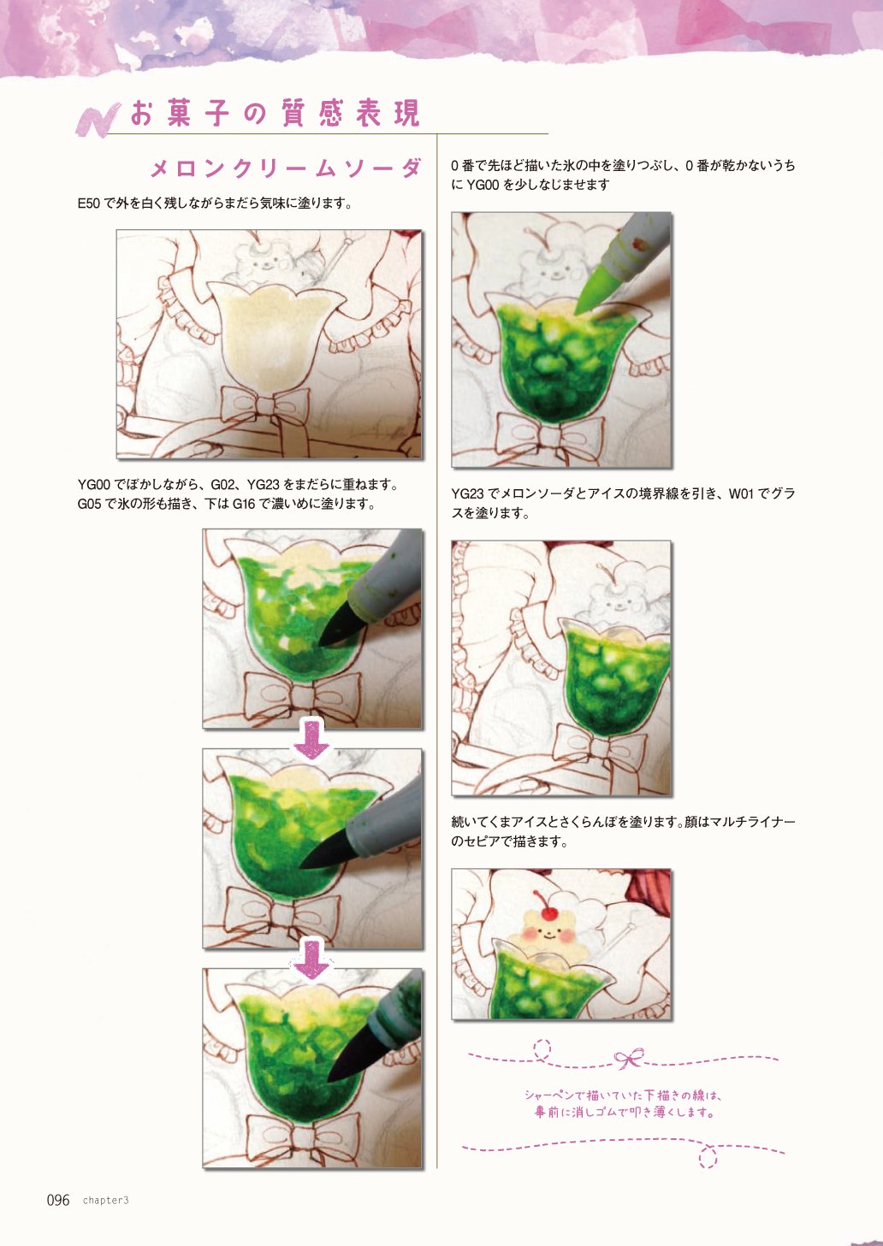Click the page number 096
click(x=58, y=1200)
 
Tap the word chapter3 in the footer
click(x=106, y=1201)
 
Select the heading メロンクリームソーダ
click(x=286, y=168)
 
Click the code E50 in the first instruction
click(x=89, y=204)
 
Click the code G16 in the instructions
click(x=244, y=504)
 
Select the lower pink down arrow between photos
click(x=311, y=959)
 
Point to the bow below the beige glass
click(x=265, y=405)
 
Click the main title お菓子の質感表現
click(x=275, y=113)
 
